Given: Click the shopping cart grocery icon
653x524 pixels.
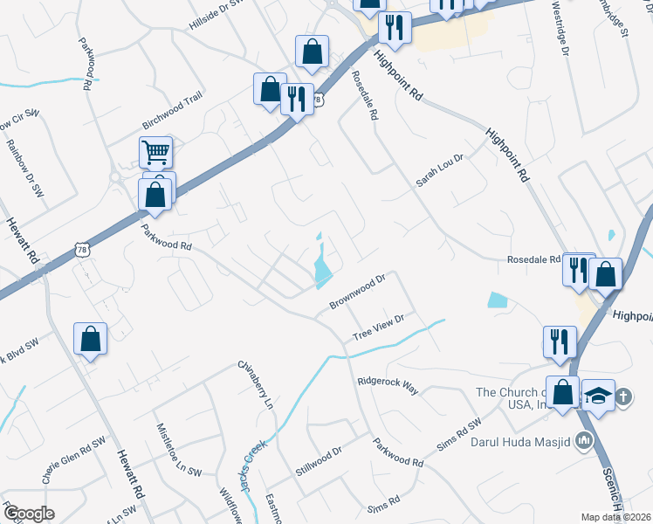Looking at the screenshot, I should pyautogui.click(x=155, y=153).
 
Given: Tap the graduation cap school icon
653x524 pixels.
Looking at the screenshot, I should pyautogui.click(x=598, y=396).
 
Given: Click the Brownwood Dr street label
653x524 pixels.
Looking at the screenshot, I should pyautogui.click(x=358, y=293).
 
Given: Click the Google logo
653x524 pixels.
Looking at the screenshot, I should pyautogui.click(x=29, y=513).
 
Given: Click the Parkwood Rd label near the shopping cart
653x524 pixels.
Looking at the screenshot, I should pyautogui.click(x=166, y=235).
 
